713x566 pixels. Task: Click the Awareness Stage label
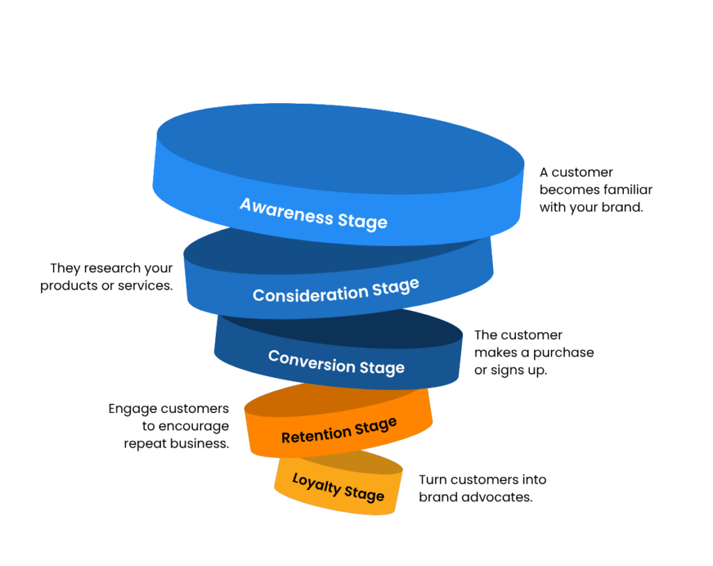click(313, 213)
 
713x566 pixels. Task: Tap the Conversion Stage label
click(336, 362)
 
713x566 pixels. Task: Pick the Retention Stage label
click(339, 431)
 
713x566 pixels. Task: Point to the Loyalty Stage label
click(338, 487)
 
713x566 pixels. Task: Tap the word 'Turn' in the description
click(432, 480)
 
